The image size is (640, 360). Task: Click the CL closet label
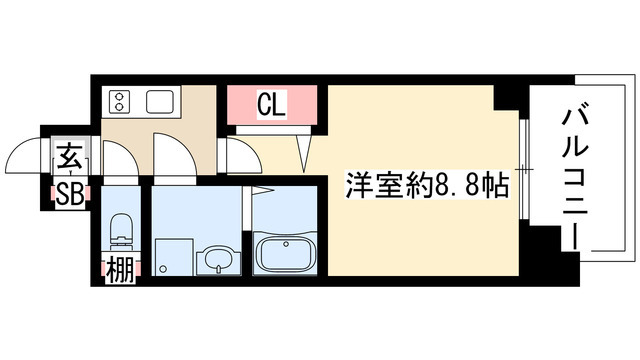pyautogui.click(x=273, y=104)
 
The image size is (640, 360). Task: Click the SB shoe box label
pyautogui.click(x=68, y=193)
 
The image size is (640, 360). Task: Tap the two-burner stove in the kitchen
pyautogui.click(x=120, y=101)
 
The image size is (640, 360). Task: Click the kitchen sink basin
pyautogui.click(x=160, y=102)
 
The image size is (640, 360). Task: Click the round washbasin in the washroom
pyautogui.click(x=214, y=260)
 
